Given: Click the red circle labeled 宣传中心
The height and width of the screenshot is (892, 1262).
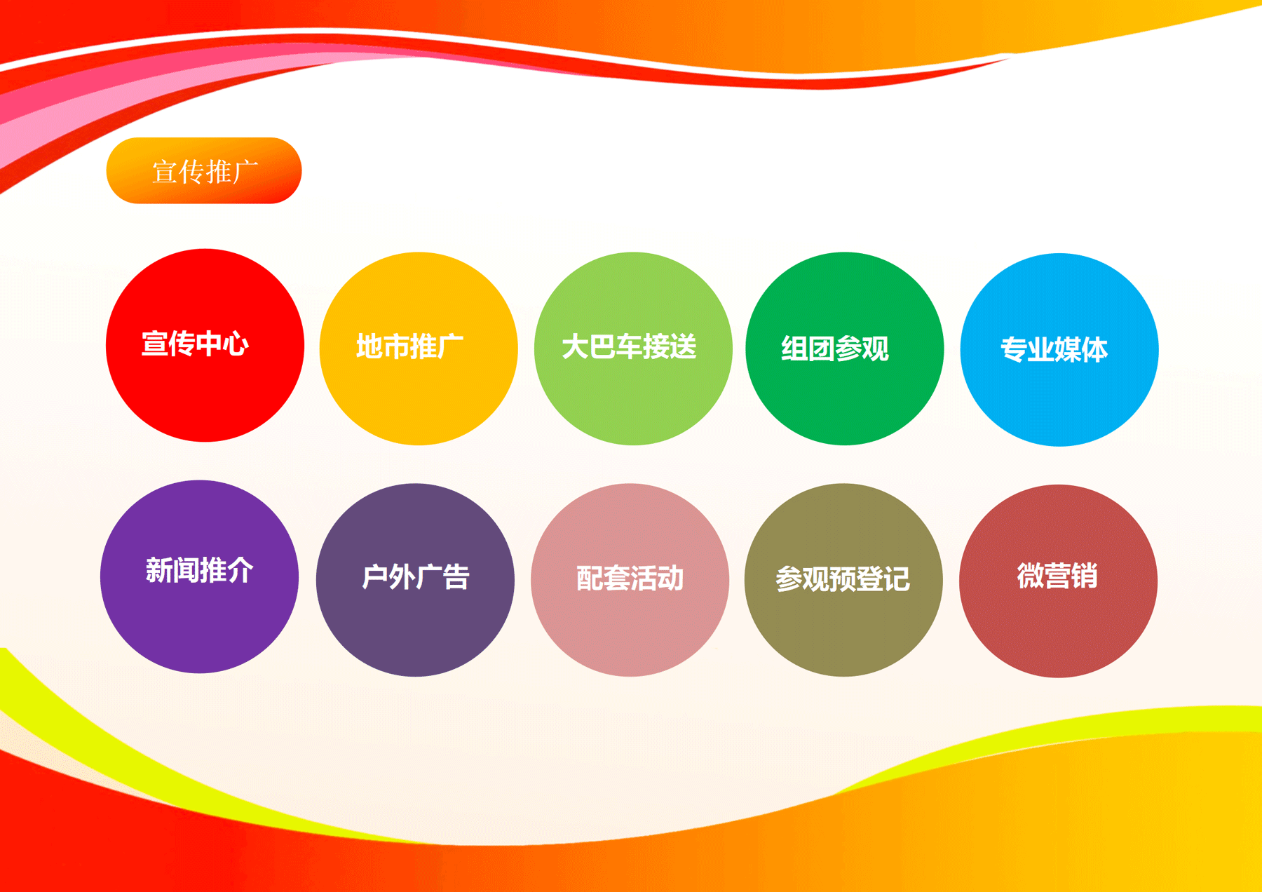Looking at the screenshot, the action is tap(205, 345).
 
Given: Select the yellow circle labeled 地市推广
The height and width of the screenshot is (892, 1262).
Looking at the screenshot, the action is tap(419, 349).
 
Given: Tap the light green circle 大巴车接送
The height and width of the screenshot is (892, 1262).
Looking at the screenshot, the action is tap(633, 349).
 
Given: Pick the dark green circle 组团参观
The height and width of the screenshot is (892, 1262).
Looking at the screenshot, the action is tap(845, 349).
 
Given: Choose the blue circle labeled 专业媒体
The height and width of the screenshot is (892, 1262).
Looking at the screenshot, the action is tap(1059, 349).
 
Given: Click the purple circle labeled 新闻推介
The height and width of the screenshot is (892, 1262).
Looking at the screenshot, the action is tap(200, 576).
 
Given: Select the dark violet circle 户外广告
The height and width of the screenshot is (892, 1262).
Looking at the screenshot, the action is tap(415, 580).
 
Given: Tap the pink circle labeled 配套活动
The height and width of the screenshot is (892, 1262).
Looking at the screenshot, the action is tap(630, 580).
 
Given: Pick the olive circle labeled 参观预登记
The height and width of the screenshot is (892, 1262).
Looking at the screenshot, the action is tap(843, 580).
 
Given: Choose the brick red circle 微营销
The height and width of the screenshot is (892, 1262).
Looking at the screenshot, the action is tap(1058, 581).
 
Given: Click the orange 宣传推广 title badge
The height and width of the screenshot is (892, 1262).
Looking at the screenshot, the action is tap(204, 170).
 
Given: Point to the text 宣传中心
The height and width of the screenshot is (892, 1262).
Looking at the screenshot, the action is tap(195, 344).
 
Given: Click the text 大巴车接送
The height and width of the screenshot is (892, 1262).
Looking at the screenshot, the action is tap(629, 346).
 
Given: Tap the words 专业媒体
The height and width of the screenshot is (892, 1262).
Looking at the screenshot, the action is tap(1054, 349).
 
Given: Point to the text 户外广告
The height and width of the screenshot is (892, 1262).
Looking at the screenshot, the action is tap(415, 577).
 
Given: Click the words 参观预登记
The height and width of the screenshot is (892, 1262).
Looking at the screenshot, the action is tap(843, 579).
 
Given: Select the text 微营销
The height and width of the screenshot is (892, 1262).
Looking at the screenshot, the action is tap(1057, 576).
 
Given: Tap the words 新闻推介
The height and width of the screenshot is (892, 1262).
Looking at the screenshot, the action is tap(199, 570).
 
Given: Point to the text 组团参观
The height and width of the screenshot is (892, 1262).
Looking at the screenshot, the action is tap(835, 349).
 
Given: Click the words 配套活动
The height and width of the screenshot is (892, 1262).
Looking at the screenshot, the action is tap(630, 578).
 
